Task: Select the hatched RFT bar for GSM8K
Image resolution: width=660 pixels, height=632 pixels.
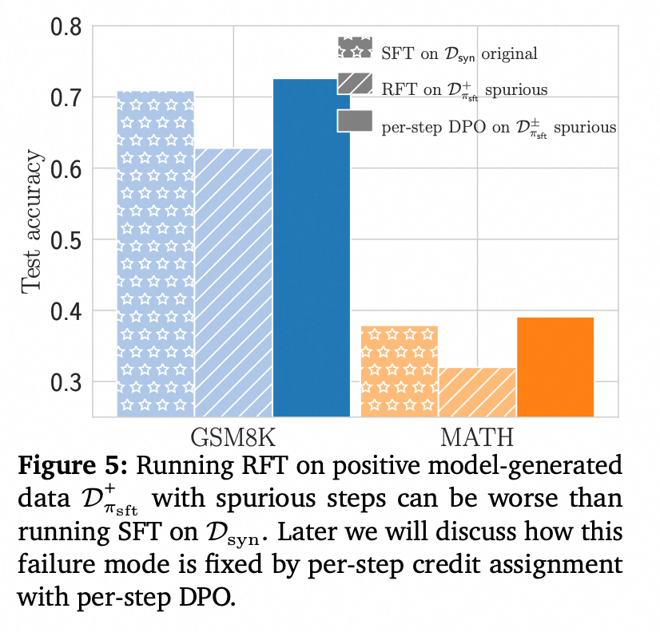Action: pyautogui.click(x=233, y=282)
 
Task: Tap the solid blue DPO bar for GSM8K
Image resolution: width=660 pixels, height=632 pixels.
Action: pyautogui.click(x=311, y=247)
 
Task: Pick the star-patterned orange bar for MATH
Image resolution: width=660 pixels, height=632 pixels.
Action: pyautogui.click(x=400, y=371)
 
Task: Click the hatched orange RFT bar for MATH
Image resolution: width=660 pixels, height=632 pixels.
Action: pyautogui.click(x=477, y=392)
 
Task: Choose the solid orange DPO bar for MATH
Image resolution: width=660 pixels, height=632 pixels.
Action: pyautogui.click(x=555, y=367)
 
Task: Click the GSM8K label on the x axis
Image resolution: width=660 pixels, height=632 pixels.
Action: pyautogui.click(x=233, y=437)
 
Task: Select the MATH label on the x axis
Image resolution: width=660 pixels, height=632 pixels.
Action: pyautogui.click(x=477, y=437)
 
